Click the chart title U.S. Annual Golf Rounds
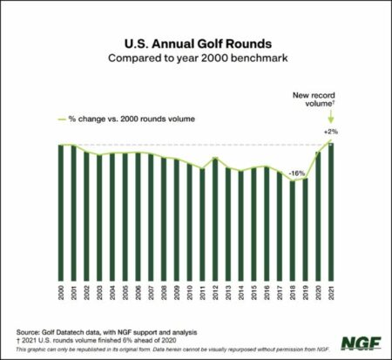tap(195, 43)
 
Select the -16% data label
tap(298, 173)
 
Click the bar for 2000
tap(62, 209)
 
